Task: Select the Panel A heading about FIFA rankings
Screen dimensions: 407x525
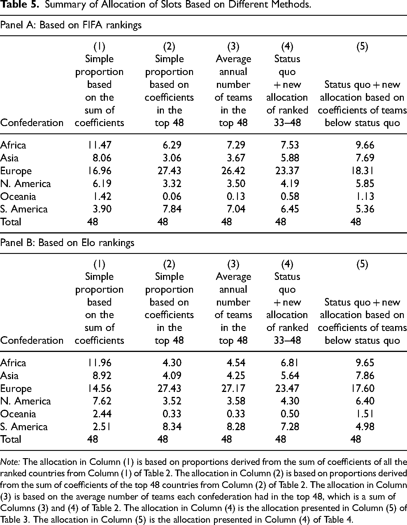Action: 71,25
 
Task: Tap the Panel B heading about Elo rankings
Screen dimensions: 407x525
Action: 67,243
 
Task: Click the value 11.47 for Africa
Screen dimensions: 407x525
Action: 99,145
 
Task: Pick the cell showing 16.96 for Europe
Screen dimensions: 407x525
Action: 99,171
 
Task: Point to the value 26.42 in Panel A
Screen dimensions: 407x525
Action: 233,171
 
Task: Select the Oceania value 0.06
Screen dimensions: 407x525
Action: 172,196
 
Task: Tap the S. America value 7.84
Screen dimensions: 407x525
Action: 172,209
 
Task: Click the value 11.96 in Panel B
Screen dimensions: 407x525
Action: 99,363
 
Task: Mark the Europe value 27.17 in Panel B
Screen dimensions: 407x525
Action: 233,388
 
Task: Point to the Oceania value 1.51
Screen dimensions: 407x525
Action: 365,414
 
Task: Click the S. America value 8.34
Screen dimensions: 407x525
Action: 172,427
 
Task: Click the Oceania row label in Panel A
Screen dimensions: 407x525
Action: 18,196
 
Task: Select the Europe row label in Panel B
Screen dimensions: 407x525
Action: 16,388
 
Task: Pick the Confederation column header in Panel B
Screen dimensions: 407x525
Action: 32,340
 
